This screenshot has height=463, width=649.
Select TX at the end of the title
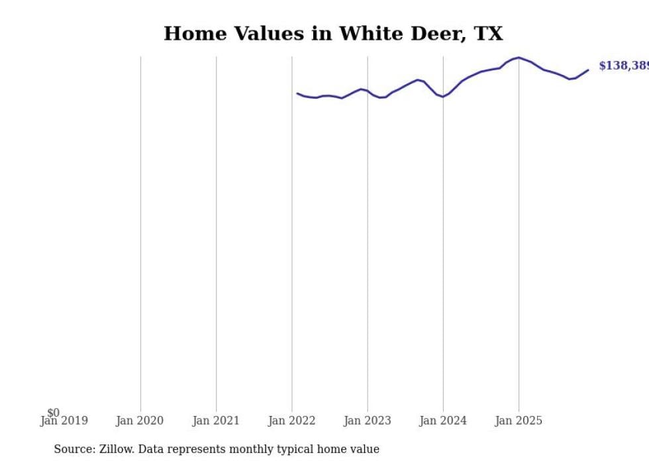489,34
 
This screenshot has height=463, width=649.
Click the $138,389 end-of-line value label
623,66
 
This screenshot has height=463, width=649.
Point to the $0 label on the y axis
53,413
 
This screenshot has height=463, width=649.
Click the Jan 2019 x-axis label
64,421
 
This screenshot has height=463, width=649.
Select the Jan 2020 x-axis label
140,421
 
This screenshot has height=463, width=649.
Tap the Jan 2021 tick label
216,421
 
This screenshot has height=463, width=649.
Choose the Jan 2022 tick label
291,421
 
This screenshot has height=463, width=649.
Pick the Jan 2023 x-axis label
368,421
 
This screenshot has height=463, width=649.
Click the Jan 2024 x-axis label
443,421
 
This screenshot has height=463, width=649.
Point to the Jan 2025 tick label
519,421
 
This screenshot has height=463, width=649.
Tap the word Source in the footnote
74,449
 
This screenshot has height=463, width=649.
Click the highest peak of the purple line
519,58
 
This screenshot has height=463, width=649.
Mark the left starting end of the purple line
297,93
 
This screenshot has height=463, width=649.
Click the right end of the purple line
587,70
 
